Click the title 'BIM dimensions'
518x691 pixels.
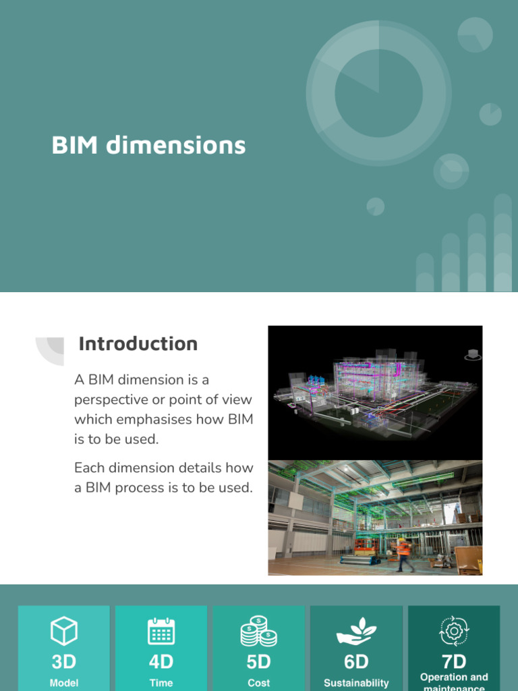click(148, 145)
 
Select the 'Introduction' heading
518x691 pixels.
click(138, 343)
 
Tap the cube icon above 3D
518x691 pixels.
click(64, 632)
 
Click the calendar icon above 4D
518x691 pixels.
click(161, 632)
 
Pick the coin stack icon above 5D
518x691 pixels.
click(258, 632)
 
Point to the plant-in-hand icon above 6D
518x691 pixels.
click(356, 632)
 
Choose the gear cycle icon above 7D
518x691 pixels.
click(454, 632)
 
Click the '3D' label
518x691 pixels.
click(64, 661)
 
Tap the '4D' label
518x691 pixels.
click(161, 661)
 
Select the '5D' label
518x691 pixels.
click(258, 661)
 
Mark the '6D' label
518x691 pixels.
click(356, 661)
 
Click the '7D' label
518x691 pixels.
click(454, 661)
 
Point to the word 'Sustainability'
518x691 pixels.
click(356, 683)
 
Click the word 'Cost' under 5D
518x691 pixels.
click(258, 683)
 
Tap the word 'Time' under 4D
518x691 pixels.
click(161, 683)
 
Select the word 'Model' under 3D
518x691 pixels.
click(64, 683)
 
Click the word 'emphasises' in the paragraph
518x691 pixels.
click(153, 419)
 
